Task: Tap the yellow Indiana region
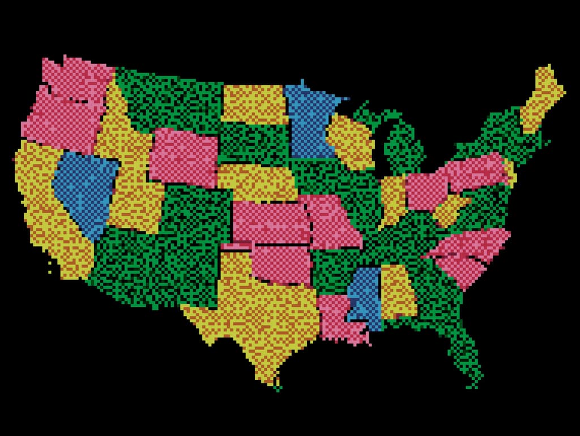(x=393, y=198)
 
